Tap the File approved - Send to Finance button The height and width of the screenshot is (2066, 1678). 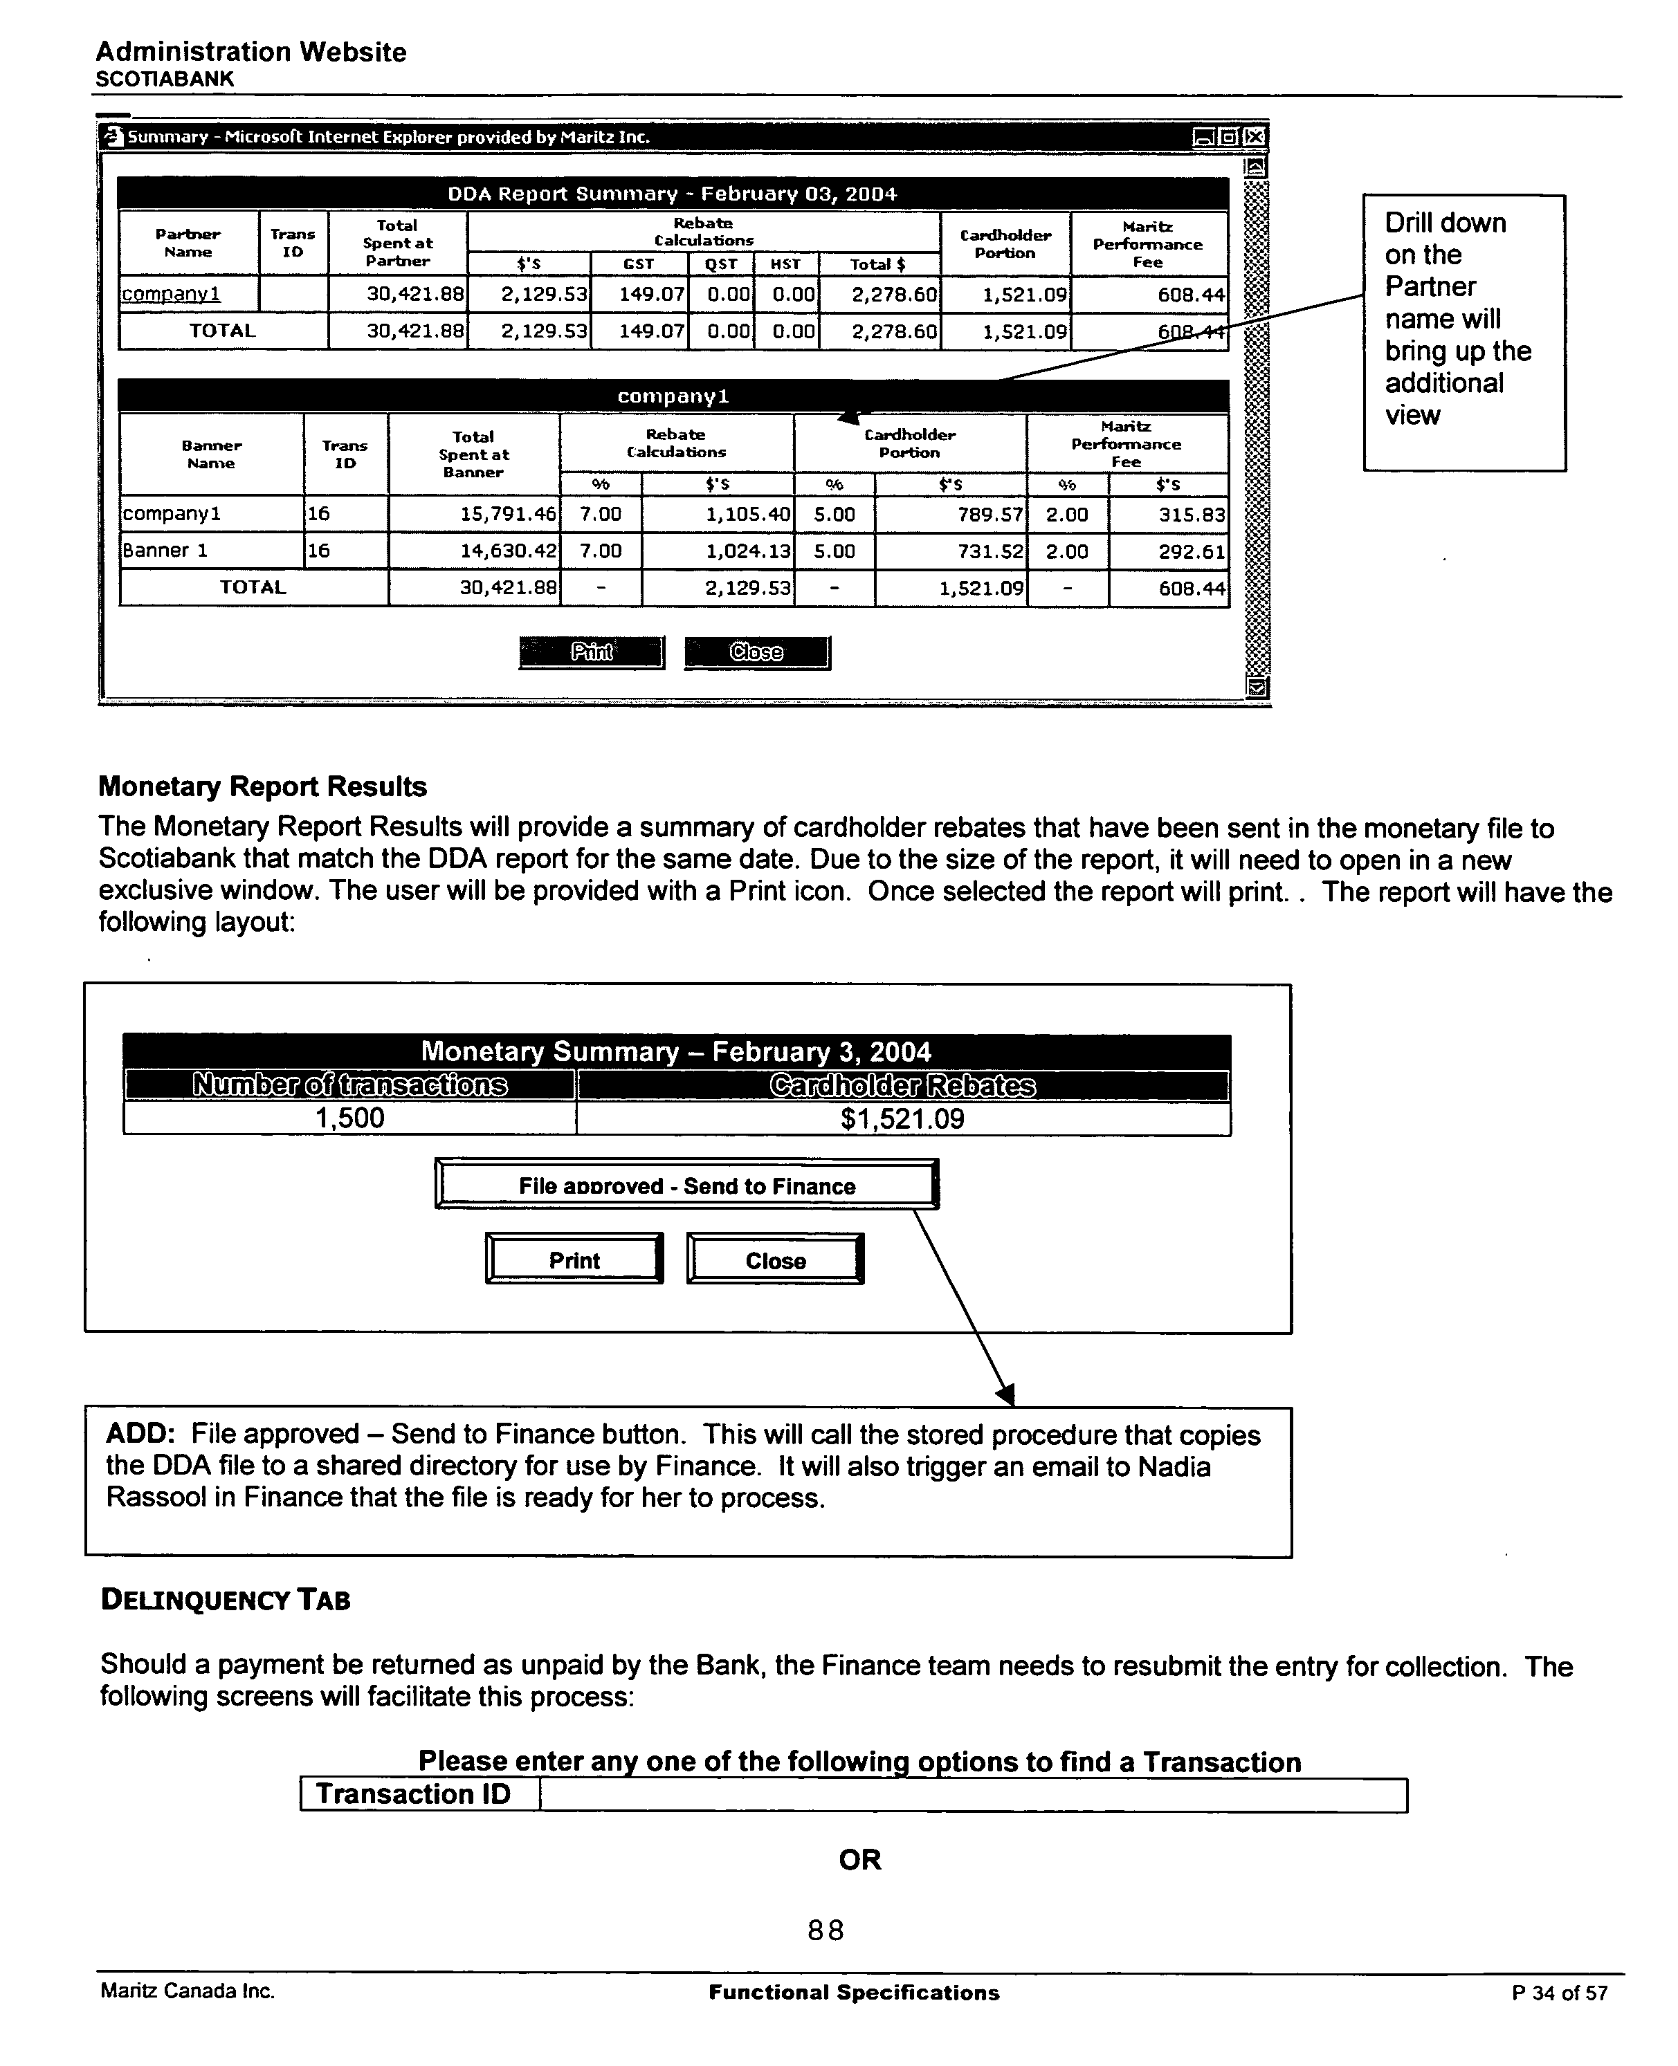click(686, 1185)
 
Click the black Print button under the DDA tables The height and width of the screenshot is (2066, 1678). click(592, 652)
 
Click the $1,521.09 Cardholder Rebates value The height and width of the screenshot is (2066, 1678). click(902, 1119)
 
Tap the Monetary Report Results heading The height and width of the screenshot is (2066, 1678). click(262, 786)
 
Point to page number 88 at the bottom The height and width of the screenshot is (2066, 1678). click(826, 1930)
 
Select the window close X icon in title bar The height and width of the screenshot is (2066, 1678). click(1254, 137)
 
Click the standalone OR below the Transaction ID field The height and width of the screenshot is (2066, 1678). click(859, 1859)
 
